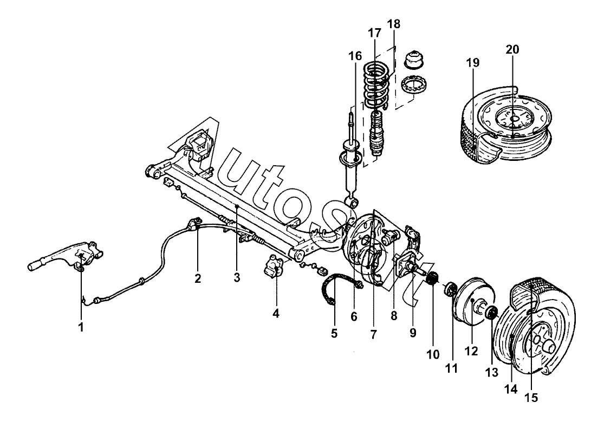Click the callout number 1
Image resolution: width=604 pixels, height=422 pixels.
(x=81, y=328)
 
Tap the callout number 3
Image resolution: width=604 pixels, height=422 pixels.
(x=237, y=277)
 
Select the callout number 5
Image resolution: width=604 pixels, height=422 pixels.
(x=334, y=333)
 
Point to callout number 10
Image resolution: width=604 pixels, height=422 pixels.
(x=433, y=354)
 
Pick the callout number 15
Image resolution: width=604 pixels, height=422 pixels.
(x=531, y=397)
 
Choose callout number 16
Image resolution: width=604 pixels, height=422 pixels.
(x=355, y=56)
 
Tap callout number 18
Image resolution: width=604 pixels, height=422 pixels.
(x=393, y=24)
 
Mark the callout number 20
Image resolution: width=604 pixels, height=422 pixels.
(x=512, y=49)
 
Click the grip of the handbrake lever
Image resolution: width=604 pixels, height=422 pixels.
(x=36, y=267)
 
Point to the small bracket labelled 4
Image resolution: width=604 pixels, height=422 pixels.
(x=275, y=267)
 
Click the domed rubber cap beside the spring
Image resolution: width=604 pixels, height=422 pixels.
(x=414, y=60)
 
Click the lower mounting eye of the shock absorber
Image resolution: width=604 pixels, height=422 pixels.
(x=353, y=202)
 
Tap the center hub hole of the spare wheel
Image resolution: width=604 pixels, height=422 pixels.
(x=514, y=119)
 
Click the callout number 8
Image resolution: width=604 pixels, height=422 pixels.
(x=394, y=316)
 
